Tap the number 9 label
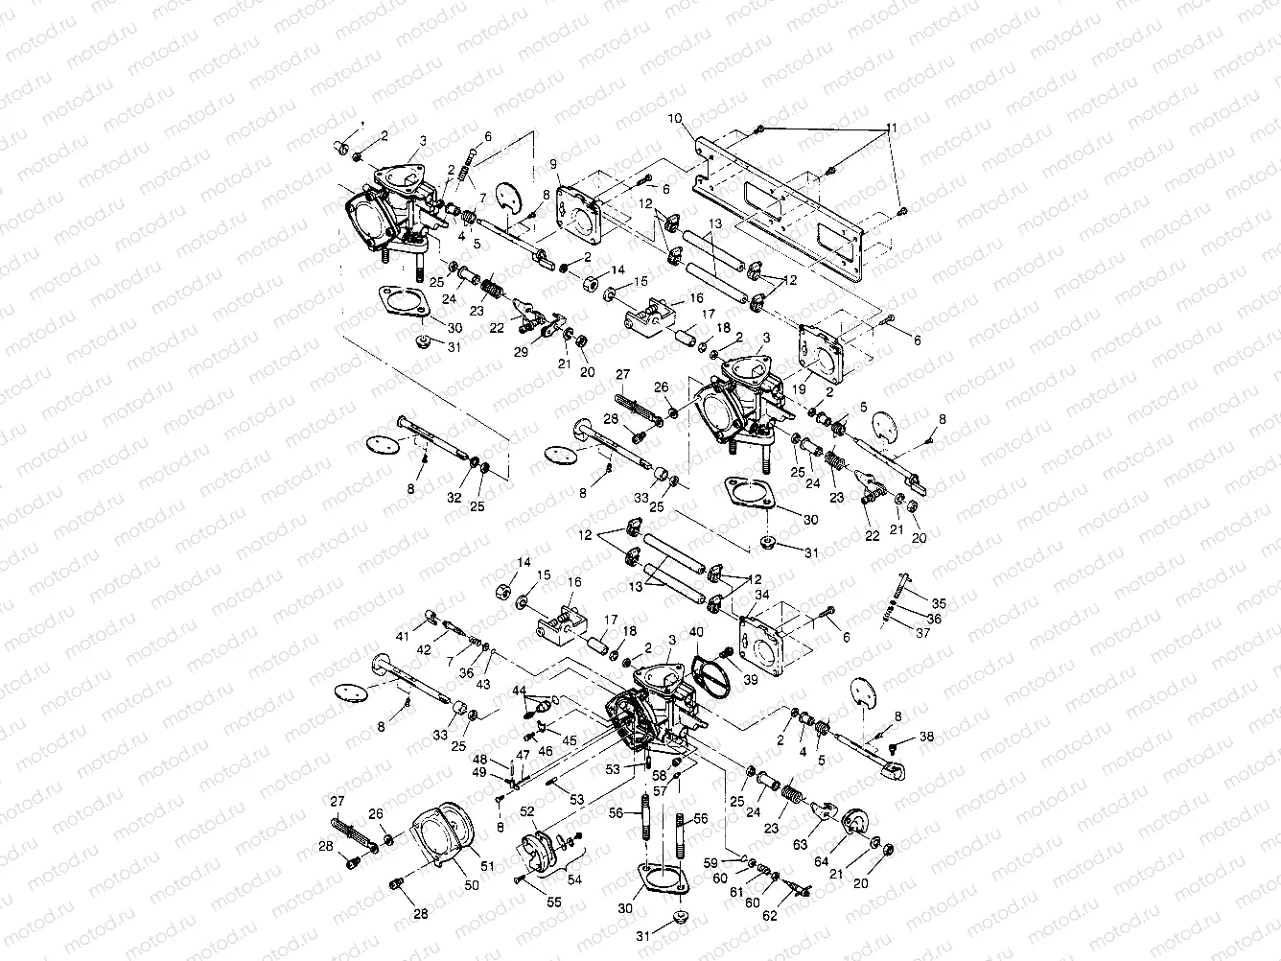[553, 164]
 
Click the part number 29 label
[521, 353]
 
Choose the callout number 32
[454, 498]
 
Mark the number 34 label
[763, 595]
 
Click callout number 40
[695, 632]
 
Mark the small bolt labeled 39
[726, 653]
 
